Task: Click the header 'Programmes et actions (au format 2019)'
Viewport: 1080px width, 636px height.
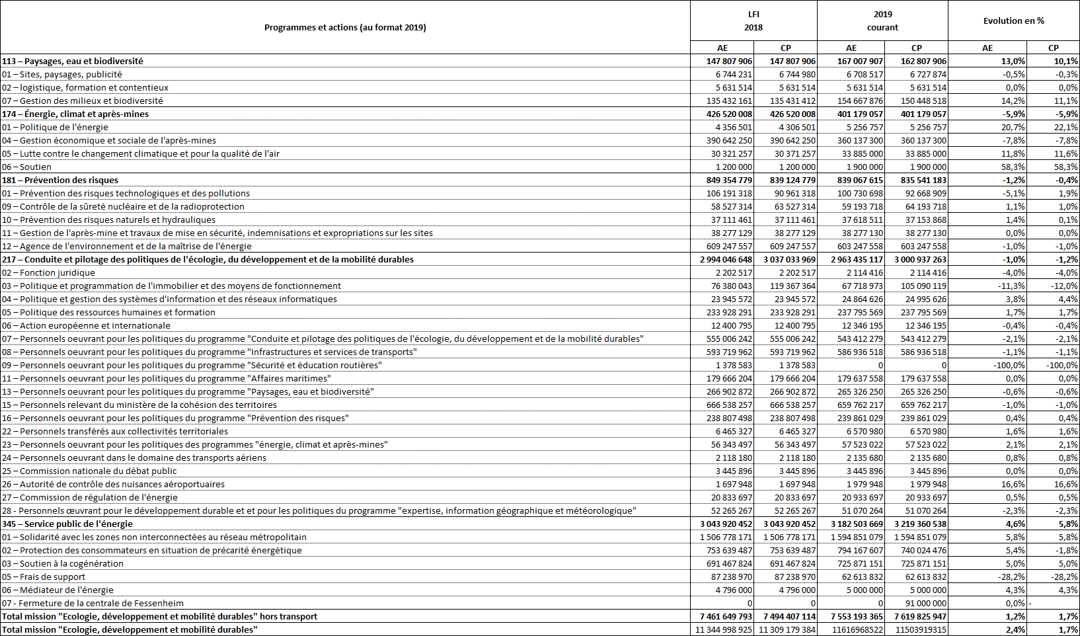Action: coord(345,27)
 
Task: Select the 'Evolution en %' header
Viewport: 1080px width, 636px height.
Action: coord(1013,20)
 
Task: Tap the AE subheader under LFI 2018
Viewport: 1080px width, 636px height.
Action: coord(722,48)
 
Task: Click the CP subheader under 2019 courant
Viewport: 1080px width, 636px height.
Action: coord(916,48)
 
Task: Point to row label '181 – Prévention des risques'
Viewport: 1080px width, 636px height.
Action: coord(60,180)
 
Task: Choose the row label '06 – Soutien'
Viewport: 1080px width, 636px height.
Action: coord(26,167)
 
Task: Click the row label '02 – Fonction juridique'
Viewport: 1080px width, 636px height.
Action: coord(48,272)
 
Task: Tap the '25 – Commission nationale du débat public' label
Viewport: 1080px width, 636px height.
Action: coord(89,471)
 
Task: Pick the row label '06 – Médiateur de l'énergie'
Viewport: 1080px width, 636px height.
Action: coord(58,590)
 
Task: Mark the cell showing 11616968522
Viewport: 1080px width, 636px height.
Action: coord(857,629)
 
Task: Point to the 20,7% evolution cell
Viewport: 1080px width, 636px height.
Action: coord(1013,127)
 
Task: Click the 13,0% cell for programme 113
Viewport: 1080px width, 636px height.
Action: coord(1013,61)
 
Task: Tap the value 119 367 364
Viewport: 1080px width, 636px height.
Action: coord(792,286)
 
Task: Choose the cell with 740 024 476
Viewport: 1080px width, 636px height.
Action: coord(923,550)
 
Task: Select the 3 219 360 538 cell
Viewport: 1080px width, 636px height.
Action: coord(920,524)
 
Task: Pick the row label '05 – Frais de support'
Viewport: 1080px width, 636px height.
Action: coord(43,576)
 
